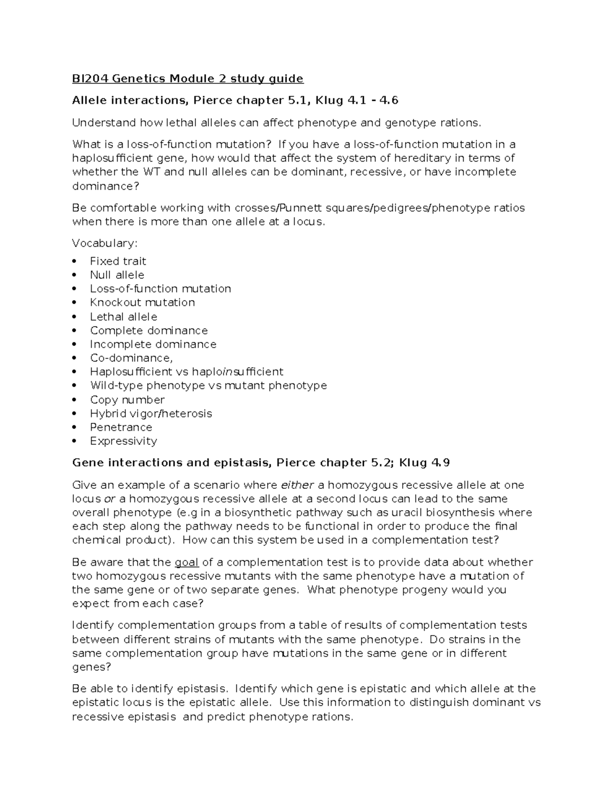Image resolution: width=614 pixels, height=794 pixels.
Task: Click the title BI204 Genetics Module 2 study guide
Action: click(188, 79)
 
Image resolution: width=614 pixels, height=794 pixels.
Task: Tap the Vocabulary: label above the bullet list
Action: click(105, 243)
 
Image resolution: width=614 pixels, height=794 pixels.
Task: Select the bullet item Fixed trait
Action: click(118, 261)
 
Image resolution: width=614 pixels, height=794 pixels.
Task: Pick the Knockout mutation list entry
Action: click(142, 303)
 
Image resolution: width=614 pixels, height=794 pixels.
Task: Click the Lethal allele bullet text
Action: click(123, 317)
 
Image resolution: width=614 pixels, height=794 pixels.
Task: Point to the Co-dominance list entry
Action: click(131, 358)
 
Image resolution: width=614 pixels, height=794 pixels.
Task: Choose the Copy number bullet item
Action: click(127, 400)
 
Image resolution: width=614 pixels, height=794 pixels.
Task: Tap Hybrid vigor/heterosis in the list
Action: click(151, 414)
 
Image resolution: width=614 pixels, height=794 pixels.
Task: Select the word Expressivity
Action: click(123, 441)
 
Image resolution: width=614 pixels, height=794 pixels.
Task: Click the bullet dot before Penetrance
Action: click(75, 427)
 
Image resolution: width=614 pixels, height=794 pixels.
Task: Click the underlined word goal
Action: click(187, 562)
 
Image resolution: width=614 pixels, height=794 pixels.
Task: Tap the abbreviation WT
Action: click(151, 172)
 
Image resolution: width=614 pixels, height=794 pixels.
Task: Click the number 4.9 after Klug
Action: click(441, 463)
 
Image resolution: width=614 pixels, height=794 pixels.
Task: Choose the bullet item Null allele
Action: click(117, 275)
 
